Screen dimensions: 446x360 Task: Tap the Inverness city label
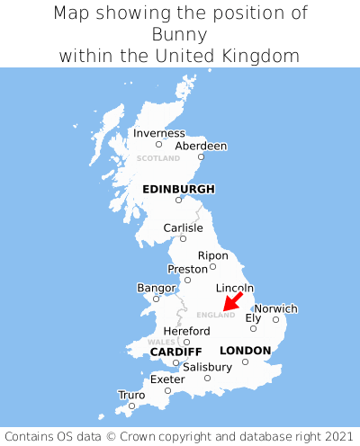(158, 133)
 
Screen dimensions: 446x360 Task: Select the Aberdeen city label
(201, 146)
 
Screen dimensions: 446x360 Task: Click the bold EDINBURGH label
(178, 189)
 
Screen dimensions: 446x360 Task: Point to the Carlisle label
(183, 227)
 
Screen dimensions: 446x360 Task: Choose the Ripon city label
(212, 255)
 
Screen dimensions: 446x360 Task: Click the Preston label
(187, 269)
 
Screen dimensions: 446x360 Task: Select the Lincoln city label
(235, 288)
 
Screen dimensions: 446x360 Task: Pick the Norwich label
(275, 308)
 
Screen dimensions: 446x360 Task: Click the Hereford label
(186, 331)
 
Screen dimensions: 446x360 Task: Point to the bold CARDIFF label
(175, 351)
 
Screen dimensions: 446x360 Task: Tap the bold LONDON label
(245, 350)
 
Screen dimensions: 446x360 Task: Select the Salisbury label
(207, 367)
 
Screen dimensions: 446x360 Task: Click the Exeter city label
(167, 379)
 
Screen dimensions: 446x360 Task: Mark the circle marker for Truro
(131, 406)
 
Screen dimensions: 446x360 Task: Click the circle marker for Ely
(254, 328)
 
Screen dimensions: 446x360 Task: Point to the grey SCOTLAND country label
(158, 158)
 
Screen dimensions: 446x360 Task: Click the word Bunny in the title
(180, 34)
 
